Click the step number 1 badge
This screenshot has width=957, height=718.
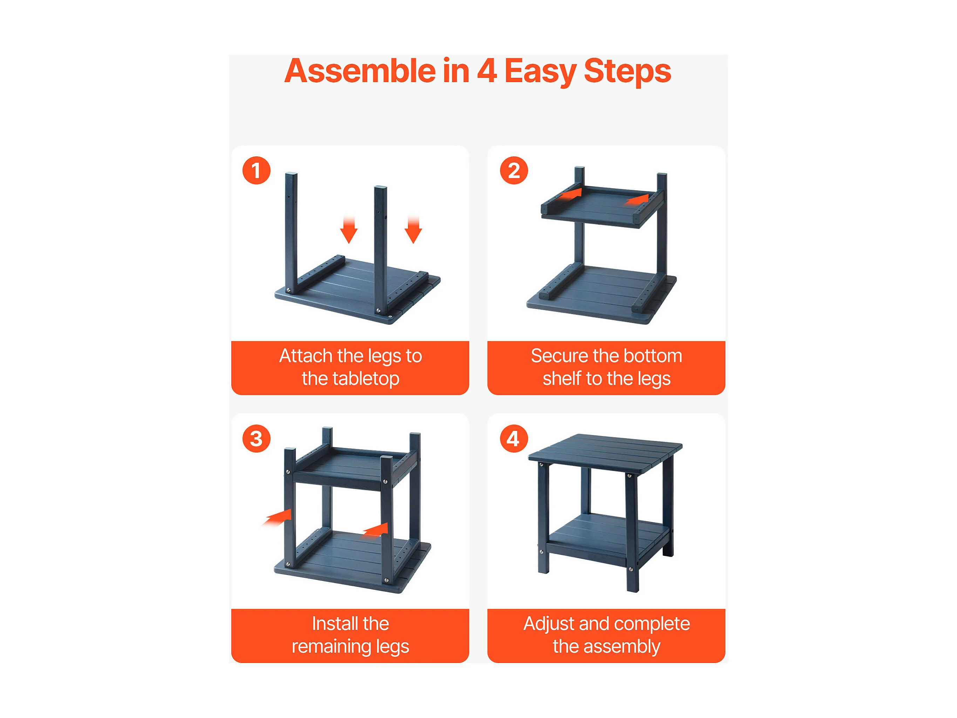click(x=256, y=170)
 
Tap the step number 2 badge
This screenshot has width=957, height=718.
click(x=514, y=170)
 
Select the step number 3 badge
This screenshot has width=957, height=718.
click(x=256, y=438)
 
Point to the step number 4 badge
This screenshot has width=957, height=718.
click(x=514, y=438)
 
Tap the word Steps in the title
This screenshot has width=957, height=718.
click(x=627, y=72)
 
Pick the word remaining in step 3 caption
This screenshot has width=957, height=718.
click(x=331, y=646)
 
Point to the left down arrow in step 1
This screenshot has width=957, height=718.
click(x=349, y=230)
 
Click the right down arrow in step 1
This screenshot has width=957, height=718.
click(x=413, y=230)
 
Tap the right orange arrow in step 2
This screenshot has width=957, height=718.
click(x=636, y=200)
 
